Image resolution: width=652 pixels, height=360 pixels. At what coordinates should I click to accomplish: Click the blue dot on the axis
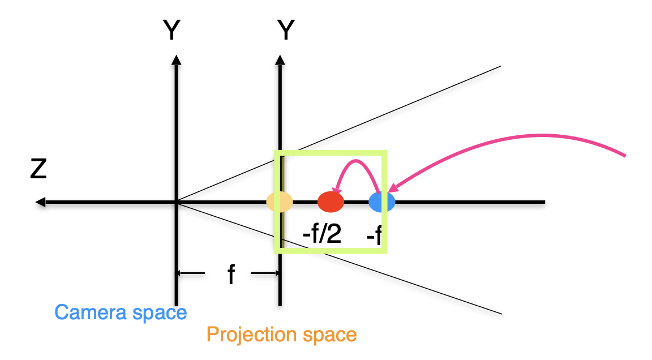381,202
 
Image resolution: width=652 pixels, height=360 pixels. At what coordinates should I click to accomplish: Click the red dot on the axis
331,202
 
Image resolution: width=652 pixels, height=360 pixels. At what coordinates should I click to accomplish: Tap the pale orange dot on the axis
280,202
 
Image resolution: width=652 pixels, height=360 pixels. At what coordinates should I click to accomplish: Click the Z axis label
38,169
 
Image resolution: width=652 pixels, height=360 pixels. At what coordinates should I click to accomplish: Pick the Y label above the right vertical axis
286,31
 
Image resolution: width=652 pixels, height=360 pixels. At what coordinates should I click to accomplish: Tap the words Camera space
121,312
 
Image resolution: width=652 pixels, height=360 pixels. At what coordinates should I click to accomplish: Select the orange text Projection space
281,335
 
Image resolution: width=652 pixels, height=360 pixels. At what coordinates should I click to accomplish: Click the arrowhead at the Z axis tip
39,202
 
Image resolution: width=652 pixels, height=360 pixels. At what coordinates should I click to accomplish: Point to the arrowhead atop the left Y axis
177,59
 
